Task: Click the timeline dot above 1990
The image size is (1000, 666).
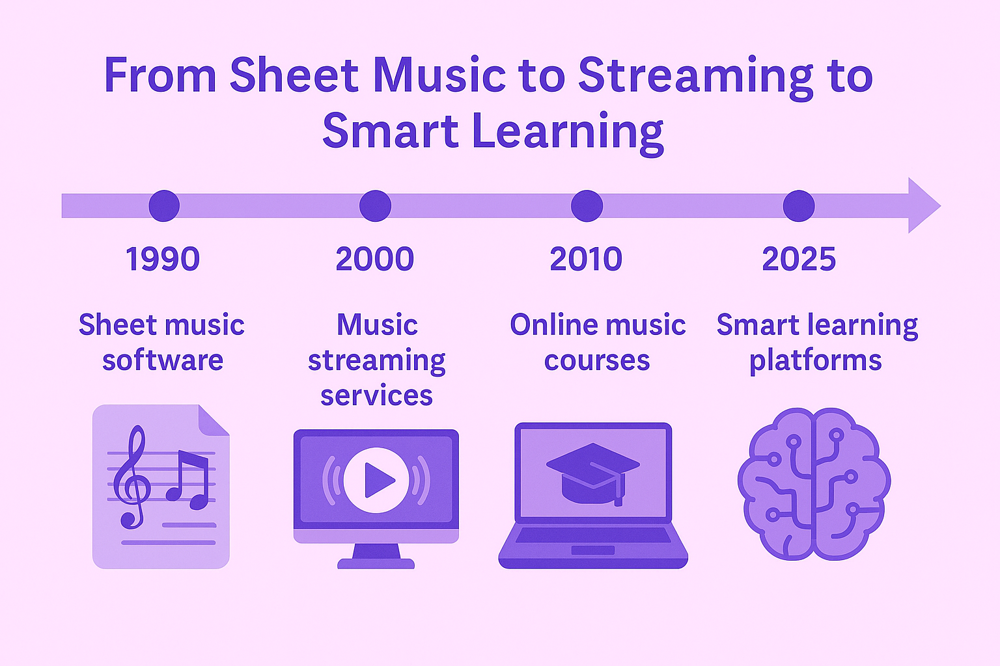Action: click(x=164, y=206)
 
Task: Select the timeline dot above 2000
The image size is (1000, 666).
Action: click(x=375, y=206)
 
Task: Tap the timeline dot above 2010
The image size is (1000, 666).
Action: click(x=587, y=206)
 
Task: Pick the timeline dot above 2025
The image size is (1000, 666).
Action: click(x=799, y=206)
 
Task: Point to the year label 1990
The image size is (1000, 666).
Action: click(x=163, y=259)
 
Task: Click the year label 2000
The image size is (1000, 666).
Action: click(x=375, y=259)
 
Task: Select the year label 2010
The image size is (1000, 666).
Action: click(x=586, y=259)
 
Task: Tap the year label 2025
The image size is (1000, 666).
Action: click(x=799, y=259)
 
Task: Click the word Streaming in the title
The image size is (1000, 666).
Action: click(x=695, y=77)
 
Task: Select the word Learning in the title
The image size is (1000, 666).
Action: click(x=568, y=132)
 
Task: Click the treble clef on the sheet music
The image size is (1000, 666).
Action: click(x=132, y=477)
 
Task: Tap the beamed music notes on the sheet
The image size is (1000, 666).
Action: click(x=187, y=480)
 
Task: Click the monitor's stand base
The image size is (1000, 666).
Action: click(x=376, y=563)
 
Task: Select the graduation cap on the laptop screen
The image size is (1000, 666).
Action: click(x=593, y=473)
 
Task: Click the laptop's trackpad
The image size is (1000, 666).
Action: click(x=593, y=550)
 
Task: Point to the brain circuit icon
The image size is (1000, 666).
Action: click(x=814, y=484)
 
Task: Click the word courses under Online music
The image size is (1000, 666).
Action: click(x=597, y=360)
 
